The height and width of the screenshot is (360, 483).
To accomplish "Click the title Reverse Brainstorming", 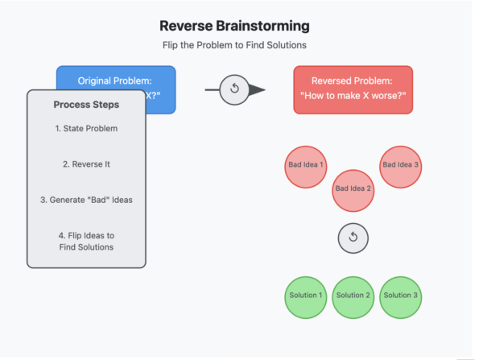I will click(234, 27).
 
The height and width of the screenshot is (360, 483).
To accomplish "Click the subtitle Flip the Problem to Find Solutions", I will click(234, 46).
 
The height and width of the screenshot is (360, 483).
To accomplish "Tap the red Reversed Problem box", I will click(353, 88).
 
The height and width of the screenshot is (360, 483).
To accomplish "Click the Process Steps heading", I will click(86, 106).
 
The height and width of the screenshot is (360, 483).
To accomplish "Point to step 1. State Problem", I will click(86, 129).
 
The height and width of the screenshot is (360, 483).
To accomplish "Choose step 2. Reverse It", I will click(86, 164).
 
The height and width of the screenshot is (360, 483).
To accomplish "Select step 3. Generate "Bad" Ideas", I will click(86, 200).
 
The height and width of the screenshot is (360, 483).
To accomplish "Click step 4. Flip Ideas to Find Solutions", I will click(86, 241).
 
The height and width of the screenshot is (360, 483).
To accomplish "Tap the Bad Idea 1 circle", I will click(306, 166).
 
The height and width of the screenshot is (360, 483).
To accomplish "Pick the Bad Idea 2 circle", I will click(353, 189).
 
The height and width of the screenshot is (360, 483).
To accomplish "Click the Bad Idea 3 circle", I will click(400, 166).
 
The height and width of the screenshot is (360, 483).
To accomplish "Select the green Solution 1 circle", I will click(306, 296).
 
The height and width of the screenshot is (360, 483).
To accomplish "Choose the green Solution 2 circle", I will click(353, 296).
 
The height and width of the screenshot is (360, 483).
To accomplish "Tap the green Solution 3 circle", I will click(400, 296).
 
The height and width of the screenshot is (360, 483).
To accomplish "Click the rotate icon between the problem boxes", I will click(234, 89).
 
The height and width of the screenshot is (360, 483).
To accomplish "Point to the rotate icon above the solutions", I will click(353, 237).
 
